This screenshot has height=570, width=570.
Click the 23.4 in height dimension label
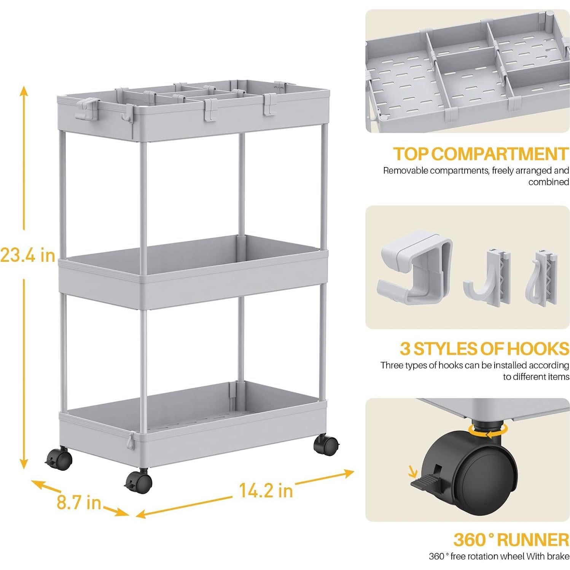(28, 255)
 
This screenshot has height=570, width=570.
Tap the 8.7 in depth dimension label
(79, 502)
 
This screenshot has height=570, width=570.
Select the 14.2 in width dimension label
(266, 490)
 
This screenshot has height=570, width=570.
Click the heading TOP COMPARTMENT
(481, 154)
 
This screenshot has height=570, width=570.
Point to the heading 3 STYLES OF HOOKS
(484, 349)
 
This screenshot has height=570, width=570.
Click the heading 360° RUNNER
(511, 540)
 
